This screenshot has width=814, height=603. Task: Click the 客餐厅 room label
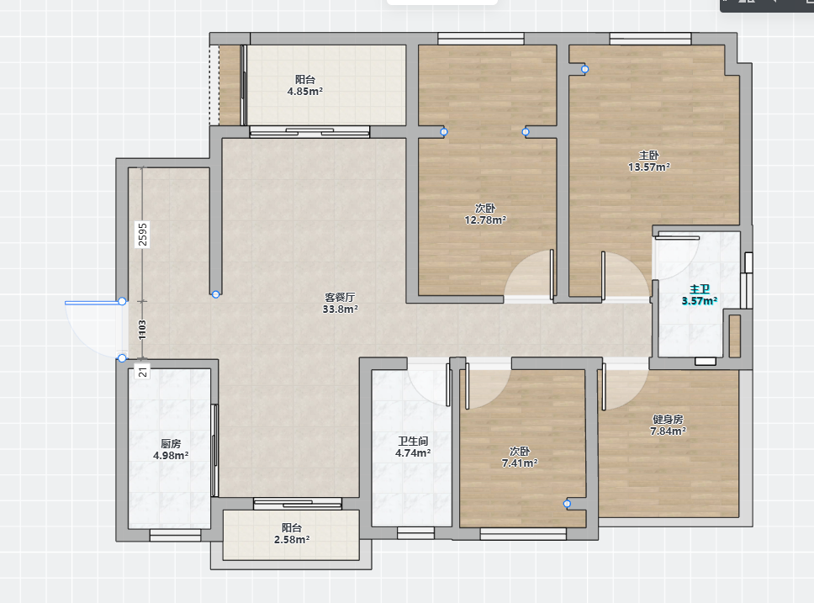coord(340,297)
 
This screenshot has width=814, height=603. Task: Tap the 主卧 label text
coord(649,156)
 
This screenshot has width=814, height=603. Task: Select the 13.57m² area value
coord(649,167)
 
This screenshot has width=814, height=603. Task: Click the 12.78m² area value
coord(485,220)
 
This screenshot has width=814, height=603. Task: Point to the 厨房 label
coord(171,443)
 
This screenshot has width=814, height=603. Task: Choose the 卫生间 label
coord(413,441)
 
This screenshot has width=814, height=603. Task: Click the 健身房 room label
coord(669,419)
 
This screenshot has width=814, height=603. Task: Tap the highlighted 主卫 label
coord(700,289)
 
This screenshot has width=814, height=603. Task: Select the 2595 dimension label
coord(143,235)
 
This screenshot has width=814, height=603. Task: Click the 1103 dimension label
coord(142,330)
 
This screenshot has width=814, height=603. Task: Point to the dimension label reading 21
coord(143,372)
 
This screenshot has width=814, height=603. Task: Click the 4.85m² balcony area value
coord(305,92)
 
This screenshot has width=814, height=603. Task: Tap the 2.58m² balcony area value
coord(292,540)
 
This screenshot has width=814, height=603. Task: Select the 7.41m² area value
coord(520,463)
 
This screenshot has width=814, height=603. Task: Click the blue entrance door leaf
coord(93,302)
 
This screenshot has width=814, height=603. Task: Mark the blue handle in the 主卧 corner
coord(585,69)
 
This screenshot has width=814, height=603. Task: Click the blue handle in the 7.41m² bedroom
coord(567,504)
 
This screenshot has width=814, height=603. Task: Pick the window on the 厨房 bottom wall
coord(176,535)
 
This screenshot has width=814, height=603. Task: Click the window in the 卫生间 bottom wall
coord(415,533)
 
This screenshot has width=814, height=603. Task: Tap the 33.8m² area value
coord(340,309)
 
